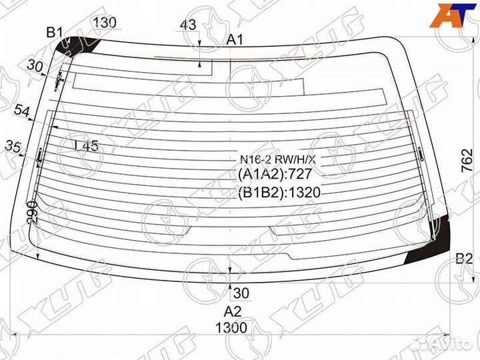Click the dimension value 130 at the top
coord(105,23)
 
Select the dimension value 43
coord(188,25)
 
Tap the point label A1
coord(235,40)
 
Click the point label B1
coord(54,32)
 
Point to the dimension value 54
coord(23,112)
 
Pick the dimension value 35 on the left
coord(13,145)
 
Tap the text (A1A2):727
coord(275,175)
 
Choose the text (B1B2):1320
coord(279,193)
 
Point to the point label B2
coord(464,259)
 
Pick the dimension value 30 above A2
coord(241,292)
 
